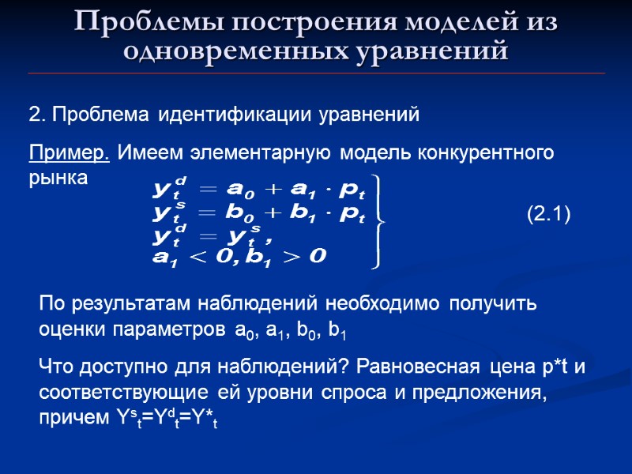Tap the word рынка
(x=60, y=178)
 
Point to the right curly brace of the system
(x=380, y=222)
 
